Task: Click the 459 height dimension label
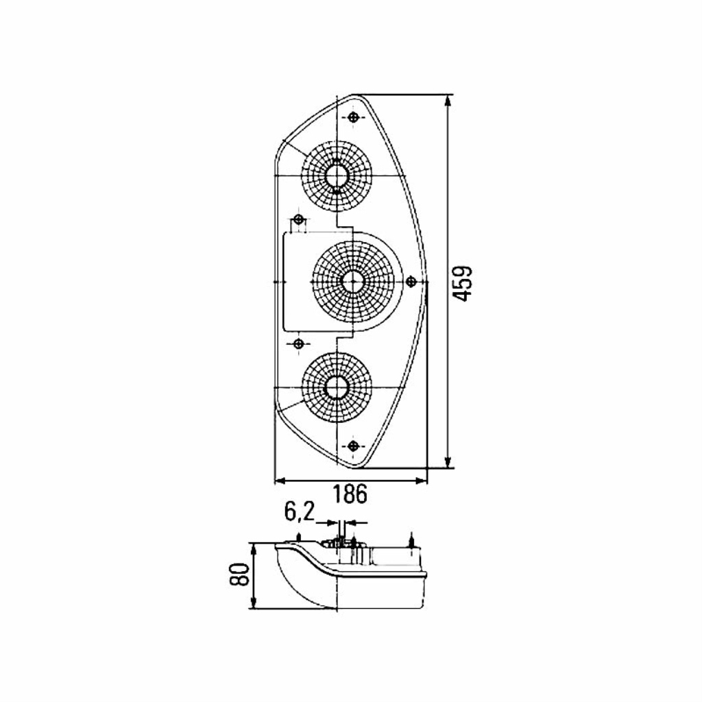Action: [x=462, y=283]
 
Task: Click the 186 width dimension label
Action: [x=350, y=494]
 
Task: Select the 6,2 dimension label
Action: [x=300, y=513]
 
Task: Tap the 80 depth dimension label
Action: [x=239, y=575]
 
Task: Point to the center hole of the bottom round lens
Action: [x=336, y=387]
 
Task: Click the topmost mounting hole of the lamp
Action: [x=354, y=117]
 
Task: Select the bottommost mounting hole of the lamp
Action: [x=354, y=446]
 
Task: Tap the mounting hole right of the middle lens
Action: [x=411, y=281]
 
